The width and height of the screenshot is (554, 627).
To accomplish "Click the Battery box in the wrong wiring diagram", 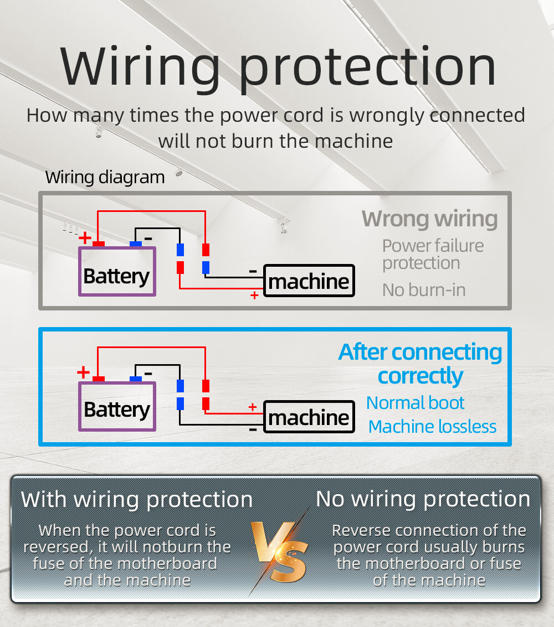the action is (x=117, y=272).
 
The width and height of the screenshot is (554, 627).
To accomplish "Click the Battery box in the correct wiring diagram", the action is (x=117, y=406).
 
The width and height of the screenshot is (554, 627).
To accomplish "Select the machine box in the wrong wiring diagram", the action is (x=309, y=281).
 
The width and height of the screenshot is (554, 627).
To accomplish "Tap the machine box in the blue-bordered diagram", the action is (x=309, y=417).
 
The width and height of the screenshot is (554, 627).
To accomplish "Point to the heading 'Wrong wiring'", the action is (x=429, y=219).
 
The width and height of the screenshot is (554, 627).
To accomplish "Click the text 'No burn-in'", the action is (x=424, y=290).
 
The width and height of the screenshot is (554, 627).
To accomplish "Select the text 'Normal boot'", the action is (x=415, y=403).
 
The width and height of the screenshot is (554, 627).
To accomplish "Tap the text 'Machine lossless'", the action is (x=432, y=427).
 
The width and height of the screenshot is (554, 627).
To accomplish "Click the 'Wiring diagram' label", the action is (x=105, y=177).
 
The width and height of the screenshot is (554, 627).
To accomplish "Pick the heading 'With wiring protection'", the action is (x=136, y=500).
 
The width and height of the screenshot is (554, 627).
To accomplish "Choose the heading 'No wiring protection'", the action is (x=423, y=499).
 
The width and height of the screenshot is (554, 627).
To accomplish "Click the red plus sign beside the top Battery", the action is (x=84, y=237).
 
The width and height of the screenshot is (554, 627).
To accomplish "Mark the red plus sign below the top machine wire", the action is (x=254, y=295).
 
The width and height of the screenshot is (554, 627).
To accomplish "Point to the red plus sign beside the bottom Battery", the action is (x=83, y=372).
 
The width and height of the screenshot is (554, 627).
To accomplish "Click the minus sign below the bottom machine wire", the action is (x=253, y=430).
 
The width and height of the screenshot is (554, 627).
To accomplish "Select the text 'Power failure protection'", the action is (x=433, y=255).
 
